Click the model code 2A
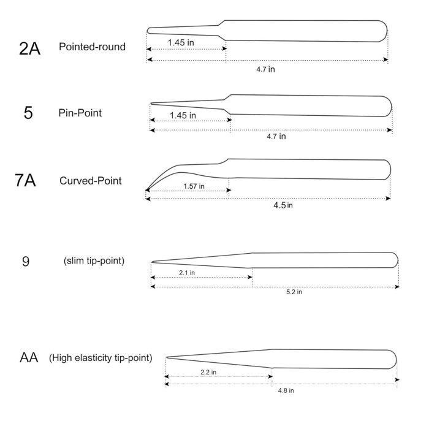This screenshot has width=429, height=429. coord(29,48)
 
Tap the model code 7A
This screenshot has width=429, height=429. coord(25,180)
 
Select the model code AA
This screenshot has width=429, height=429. coord(29,357)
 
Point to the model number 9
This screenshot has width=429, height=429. coord(26,261)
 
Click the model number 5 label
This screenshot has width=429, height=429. coord(28,113)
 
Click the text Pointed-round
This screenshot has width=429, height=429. coord(92,47)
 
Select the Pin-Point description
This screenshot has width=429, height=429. coord(80,113)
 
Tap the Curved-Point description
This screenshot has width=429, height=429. coord(91,181)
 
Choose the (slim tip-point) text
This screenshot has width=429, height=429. coord(94,260)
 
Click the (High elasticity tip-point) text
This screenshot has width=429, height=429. coord(101,357)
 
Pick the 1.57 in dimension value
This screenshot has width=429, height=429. coord(194,186)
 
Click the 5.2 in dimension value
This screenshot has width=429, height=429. coord(294,292)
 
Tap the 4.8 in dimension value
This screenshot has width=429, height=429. coord(286,390)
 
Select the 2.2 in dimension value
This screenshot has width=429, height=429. coord(208,372)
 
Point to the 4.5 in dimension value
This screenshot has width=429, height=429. coord(283,205)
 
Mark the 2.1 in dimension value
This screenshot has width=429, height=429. coord(187,273)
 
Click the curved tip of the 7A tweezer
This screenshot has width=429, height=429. coord(146,190)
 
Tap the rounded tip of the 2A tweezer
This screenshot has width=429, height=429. coord(148,31)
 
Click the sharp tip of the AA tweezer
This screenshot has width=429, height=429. coord(166,357)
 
